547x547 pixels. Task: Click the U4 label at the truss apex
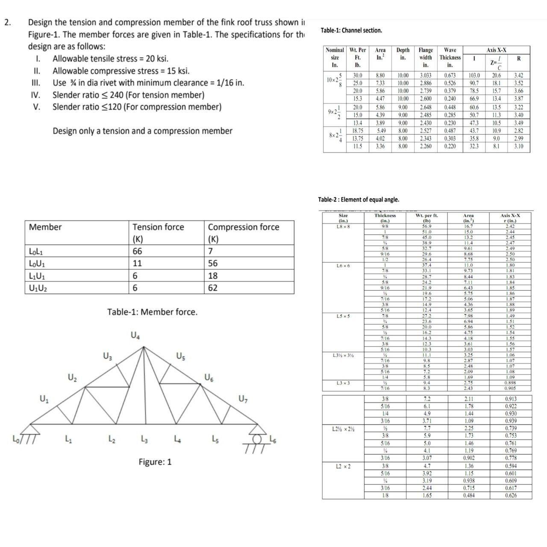[135, 336]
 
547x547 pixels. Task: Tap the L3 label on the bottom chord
[144, 439]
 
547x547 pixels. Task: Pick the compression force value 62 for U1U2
[213, 288]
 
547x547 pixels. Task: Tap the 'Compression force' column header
[243, 227]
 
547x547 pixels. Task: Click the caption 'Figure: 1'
[155, 462]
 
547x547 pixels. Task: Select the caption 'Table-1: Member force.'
[152, 312]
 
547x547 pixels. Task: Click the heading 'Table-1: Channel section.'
[351, 30]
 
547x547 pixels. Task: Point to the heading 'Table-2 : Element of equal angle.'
[359, 200]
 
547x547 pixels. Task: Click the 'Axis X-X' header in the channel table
[496, 50]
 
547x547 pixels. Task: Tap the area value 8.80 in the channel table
[380, 75]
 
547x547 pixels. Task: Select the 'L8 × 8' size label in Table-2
[343, 226]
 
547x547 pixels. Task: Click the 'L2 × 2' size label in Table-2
[343, 466]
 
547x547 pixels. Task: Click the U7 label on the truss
[243, 400]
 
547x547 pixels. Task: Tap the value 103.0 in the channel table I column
[474, 75]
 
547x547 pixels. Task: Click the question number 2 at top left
[7, 23]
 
